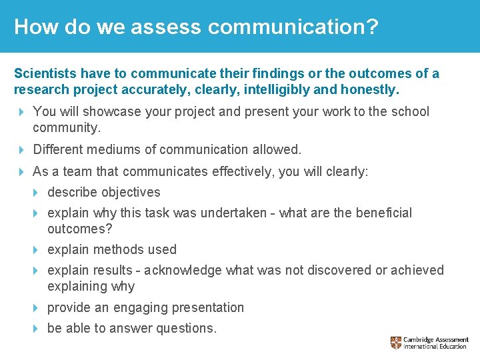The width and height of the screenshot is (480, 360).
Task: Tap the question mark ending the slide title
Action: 372,27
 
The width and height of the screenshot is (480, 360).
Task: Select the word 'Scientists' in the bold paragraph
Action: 45,73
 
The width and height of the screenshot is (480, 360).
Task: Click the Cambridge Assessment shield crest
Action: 396,343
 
